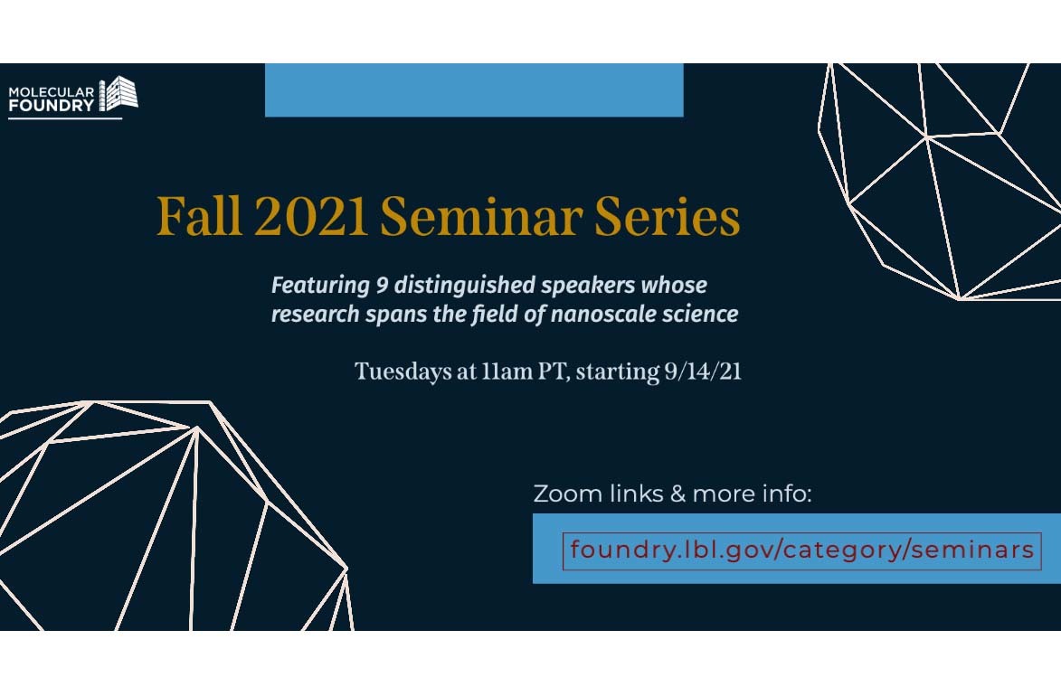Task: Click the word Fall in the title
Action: tap(199, 216)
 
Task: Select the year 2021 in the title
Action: tap(310, 216)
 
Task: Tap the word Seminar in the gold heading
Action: tap(481, 216)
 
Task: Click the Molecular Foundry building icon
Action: tap(118, 93)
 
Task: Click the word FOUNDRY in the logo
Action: tap(52, 105)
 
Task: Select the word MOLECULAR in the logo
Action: tap(52, 91)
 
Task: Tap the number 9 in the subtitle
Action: tap(383, 286)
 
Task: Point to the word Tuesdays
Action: tap(396, 372)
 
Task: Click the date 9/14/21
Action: tap(703, 372)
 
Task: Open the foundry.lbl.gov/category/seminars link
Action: tap(801, 550)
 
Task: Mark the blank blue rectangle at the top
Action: tap(474, 90)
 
